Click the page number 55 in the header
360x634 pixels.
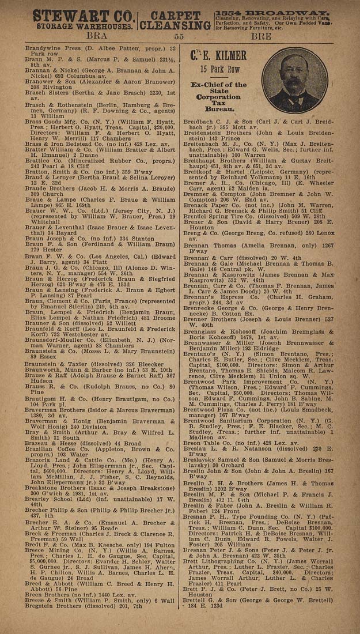tap(179, 36)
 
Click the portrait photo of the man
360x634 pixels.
tap(298, 80)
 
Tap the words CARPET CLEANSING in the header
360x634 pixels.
tap(175, 20)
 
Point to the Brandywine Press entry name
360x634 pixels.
tap(52, 44)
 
